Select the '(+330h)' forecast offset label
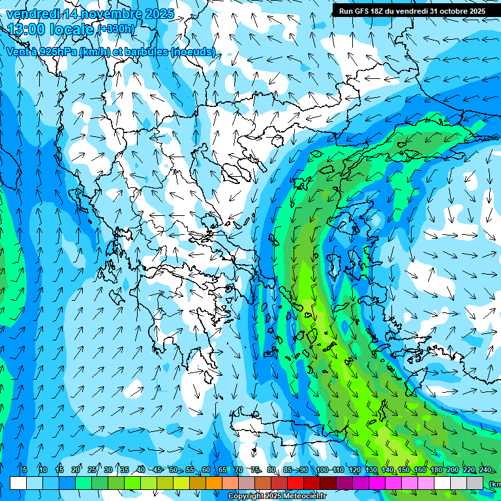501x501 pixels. click(x=116, y=29)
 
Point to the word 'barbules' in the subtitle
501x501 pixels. click(x=144, y=52)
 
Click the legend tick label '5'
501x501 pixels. click(x=25, y=470)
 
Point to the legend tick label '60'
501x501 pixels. click(x=205, y=470)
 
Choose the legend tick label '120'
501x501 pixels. click(x=354, y=470)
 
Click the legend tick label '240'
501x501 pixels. click(x=485, y=470)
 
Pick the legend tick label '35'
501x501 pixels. click(x=124, y=470)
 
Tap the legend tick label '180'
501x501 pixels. click(x=436, y=470)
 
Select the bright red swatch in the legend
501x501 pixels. click(x=296, y=483)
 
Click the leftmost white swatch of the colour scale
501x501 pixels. click(x=18, y=483)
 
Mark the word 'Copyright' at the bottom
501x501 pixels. click(x=247, y=496)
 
